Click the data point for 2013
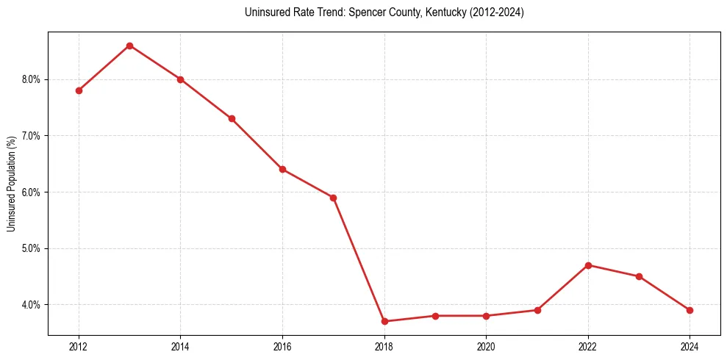[x=129, y=46]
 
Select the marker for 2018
[x=384, y=321]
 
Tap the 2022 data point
[x=588, y=265]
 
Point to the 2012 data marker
[x=79, y=90]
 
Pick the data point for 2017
[x=333, y=198]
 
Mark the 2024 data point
[x=690, y=310]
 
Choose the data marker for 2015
[x=232, y=118]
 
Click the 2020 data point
[x=486, y=316]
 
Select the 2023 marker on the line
[x=639, y=276]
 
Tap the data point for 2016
[x=282, y=169]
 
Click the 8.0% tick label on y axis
[x=32, y=79]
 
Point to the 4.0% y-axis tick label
[x=32, y=305]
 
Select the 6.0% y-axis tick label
[x=32, y=192]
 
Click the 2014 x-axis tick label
[x=180, y=347]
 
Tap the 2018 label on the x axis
[x=384, y=347]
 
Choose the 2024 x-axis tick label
[x=690, y=347]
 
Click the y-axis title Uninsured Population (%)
[x=12, y=183]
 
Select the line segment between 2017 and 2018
[x=359, y=259]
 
